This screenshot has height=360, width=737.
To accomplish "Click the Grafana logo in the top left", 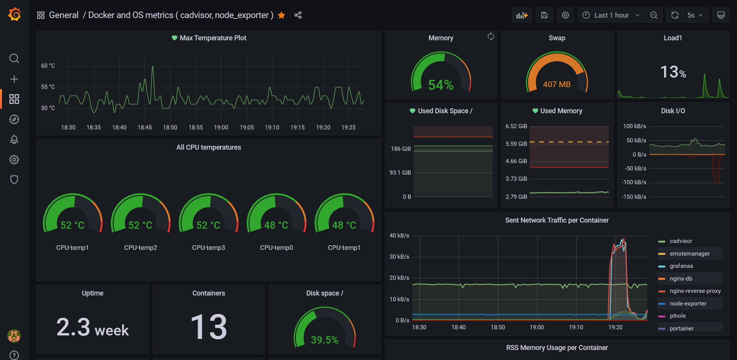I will [14, 15].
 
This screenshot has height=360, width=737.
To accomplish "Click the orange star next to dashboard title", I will [281, 15].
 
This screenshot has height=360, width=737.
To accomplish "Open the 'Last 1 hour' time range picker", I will [611, 15].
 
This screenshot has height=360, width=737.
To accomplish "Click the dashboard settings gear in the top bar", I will [565, 15].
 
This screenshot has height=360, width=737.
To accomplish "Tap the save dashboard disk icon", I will [544, 15].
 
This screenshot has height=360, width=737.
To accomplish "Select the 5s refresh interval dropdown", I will [694, 15].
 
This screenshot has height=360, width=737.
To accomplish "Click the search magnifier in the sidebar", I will [14, 58].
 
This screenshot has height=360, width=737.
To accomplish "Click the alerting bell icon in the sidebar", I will [14, 139].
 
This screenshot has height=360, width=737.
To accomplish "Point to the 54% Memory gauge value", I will [441, 85].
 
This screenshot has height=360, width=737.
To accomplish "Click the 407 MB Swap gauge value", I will [557, 84].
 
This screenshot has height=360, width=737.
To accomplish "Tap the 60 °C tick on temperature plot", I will [48, 66].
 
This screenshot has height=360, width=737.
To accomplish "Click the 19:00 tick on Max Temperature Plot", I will [221, 127].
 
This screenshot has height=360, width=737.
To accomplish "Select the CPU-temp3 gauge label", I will [208, 248].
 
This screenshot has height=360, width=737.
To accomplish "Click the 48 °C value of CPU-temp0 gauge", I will [276, 225].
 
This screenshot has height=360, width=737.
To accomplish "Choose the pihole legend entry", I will [678, 316].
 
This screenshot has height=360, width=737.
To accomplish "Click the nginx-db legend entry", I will [681, 279].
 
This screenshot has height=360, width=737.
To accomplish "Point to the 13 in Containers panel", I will [208, 327].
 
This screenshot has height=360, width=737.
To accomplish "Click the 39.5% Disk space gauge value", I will [324, 340].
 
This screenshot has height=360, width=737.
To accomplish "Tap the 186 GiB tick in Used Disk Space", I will [401, 149].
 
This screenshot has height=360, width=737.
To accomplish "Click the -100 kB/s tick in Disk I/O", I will [634, 182].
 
